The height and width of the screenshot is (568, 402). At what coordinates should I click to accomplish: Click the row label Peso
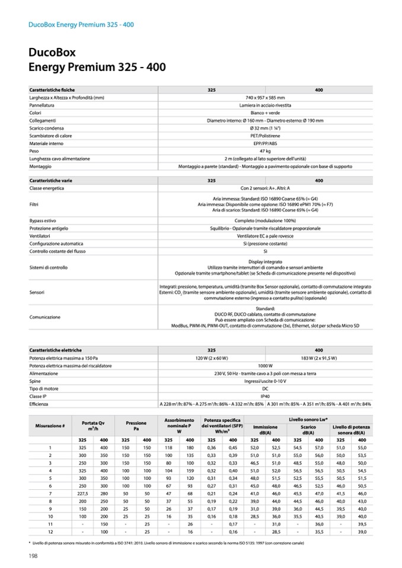(35, 151)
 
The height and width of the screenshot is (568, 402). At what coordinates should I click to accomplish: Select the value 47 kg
(265, 151)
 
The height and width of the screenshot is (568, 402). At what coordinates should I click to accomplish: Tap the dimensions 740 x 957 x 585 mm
(265, 97)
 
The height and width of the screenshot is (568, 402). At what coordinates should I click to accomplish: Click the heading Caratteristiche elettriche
(56, 350)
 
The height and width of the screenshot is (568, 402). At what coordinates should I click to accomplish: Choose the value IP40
(265, 396)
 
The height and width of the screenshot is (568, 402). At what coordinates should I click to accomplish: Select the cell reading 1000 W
(265, 365)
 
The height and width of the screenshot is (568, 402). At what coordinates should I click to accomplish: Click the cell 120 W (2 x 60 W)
(212, 358)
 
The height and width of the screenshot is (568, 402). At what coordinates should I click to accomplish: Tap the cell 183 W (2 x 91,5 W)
(319, 358)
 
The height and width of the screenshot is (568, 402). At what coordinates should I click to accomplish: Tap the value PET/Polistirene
(265, 136)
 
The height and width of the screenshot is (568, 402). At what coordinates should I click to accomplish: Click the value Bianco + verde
(265, 113)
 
